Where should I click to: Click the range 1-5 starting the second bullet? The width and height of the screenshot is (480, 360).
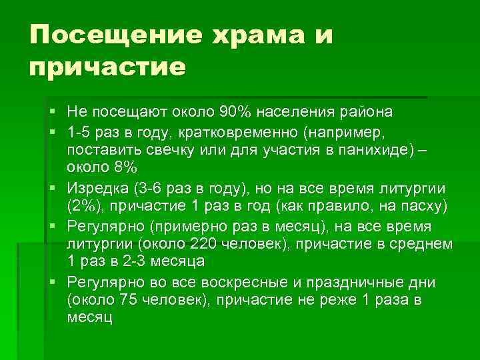click(x=80, y=129)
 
